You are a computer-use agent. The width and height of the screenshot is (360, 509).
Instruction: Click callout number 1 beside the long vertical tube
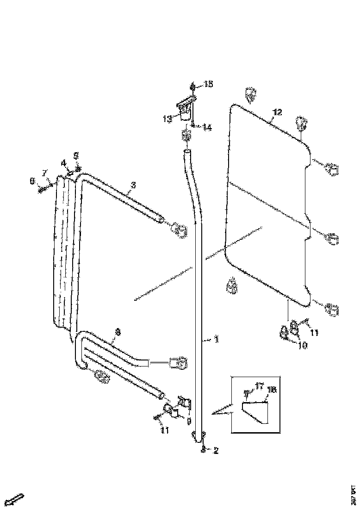216,340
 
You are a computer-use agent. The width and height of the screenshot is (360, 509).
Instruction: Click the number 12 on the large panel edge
277,112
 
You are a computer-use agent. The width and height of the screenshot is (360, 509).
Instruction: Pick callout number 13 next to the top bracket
168,118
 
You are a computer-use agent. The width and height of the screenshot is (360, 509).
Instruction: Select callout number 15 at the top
208,84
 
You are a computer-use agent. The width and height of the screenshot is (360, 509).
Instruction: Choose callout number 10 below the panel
303,345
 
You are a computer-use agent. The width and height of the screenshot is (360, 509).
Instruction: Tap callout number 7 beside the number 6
45,173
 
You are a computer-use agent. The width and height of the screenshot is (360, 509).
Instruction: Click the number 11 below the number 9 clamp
165,430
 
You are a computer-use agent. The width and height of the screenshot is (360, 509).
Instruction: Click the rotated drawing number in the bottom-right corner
353,493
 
